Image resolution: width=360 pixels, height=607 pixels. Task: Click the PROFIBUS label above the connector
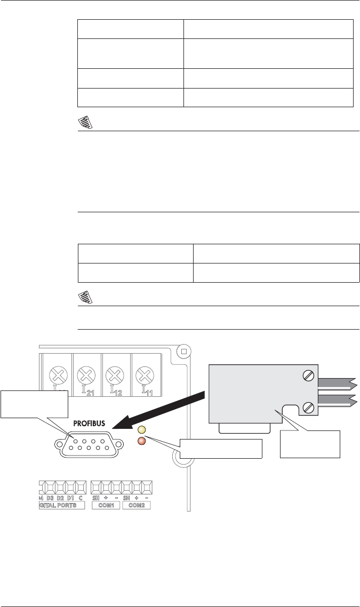click(x=90, y=424)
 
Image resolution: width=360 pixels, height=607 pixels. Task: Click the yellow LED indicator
click(x=141, y=430)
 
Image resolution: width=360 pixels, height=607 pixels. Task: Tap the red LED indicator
click(x=141, y=441)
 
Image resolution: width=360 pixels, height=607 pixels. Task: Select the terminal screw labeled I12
click(x=114, y=373)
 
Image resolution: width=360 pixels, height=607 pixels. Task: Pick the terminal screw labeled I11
click(x=142, y=373)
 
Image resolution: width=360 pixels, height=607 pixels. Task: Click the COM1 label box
click(x=105, y=506)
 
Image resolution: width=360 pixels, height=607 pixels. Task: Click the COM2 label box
click(x=137, y=506)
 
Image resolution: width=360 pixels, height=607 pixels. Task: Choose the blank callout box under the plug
click(x=310, y=443)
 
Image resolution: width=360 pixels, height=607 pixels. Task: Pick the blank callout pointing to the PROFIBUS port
click(x=34, y=404)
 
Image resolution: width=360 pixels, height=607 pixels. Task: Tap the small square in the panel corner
click(x=183, y=352)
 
